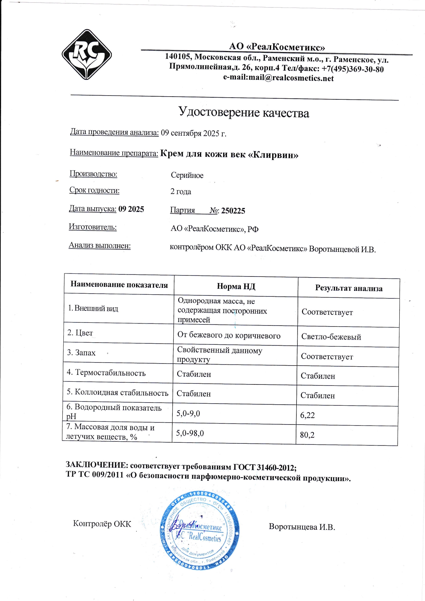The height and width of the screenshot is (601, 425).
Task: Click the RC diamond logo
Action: click(87, 54)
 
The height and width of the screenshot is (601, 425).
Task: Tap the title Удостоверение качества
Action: click(244, 112)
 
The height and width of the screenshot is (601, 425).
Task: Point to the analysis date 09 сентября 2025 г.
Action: click(194, 133)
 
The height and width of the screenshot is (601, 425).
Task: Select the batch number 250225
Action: click(233, 211)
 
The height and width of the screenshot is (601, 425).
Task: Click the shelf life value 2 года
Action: click(181, 192)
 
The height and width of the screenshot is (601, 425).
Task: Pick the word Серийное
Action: click(187, 175)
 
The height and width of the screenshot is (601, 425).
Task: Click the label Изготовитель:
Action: click(93, 227)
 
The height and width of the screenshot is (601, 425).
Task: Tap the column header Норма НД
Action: click(236, 286)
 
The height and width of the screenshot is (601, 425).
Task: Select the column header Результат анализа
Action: click(349, 288)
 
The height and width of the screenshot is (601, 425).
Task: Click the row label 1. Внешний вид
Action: click(93, 308)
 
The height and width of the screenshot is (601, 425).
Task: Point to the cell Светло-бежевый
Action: click(331, 337)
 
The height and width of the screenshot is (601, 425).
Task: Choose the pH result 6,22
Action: click(307, 415)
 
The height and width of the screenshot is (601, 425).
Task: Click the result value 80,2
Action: click(307, 435)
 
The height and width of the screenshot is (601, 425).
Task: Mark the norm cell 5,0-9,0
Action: click(188, 414)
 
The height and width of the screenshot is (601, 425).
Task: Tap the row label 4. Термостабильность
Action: click(106, 373)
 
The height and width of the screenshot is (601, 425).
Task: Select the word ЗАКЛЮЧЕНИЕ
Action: click(97, 465)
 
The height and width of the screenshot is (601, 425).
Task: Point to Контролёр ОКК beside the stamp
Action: click(102, 524)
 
